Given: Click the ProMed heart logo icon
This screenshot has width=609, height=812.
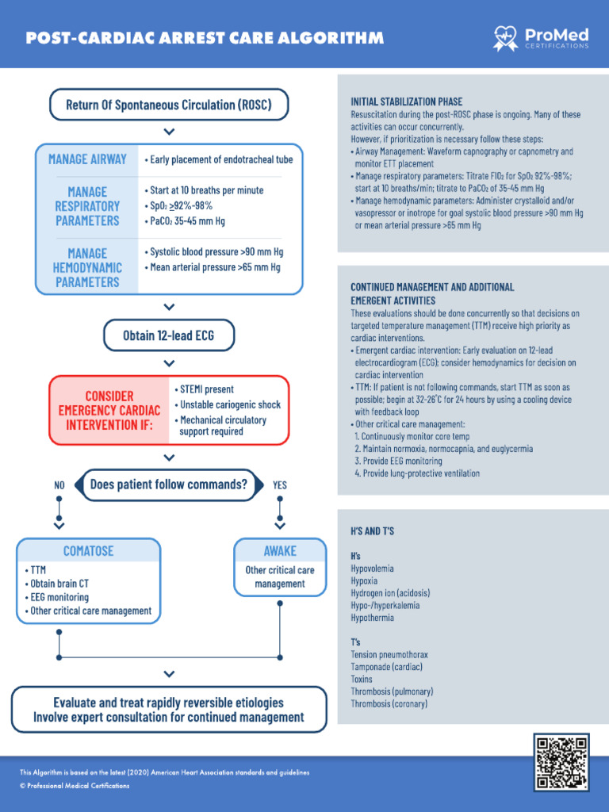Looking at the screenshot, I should click(x=505, y=36).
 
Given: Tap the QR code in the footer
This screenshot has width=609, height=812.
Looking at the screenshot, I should click(x=561, y=762).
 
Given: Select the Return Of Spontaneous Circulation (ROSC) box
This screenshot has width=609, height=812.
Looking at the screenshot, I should click(x=168, y=105).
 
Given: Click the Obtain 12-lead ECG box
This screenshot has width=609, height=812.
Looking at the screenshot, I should click(x=168, y=335).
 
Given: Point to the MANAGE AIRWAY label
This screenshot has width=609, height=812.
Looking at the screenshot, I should click(x=87, y=159).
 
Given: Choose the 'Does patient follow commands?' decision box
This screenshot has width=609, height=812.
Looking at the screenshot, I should click(x=168, y=485).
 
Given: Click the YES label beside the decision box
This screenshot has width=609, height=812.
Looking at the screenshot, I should click(x=280, y=485).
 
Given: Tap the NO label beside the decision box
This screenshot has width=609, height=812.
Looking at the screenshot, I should click(x=59, y=485).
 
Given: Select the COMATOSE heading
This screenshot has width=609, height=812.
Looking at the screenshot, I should click(x=89, y=550).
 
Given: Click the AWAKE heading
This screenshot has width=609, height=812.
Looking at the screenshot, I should click(x=280, y=550).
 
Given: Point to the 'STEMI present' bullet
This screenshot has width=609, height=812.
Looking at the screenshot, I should click(x=207, y=389).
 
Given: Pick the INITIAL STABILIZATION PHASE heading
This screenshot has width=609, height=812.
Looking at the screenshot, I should click(x=406, y=102).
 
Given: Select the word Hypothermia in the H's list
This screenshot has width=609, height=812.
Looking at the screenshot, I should click(x=372, y=618).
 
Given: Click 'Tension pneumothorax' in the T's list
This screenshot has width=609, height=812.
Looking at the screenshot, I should click(x=389, y=655).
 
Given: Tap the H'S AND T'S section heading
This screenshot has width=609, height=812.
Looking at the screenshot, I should click(x=373, y=530).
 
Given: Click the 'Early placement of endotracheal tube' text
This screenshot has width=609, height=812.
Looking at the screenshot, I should click(x=219, y=159).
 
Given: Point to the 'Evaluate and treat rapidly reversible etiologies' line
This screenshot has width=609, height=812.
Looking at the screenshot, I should click(x=168, y=703).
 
